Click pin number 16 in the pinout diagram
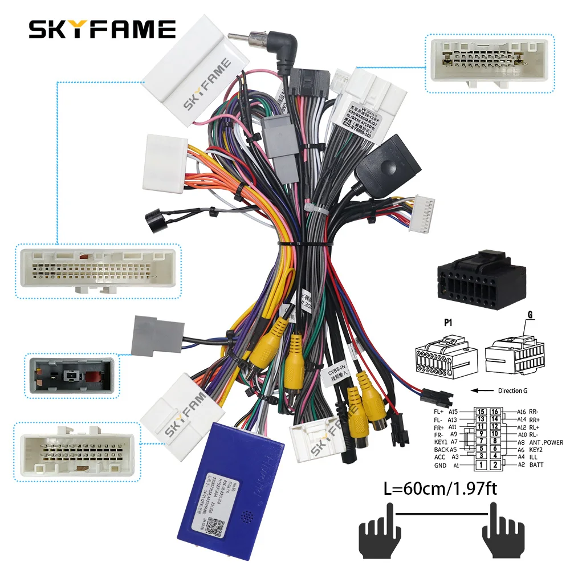(495, 412)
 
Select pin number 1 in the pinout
(481, 465)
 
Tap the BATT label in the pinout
(537, 465)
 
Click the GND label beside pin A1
(439, 465)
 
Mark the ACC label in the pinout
(440, 457)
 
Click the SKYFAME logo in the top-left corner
(102, 29)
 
